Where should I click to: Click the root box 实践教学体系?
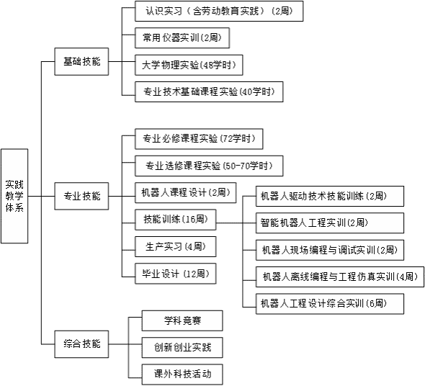coord(14,196)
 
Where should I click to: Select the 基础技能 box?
coord(81,61)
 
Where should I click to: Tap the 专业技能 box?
coord(81,196)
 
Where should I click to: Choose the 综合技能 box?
coord(81,344)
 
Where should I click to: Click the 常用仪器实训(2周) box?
coord(182,37)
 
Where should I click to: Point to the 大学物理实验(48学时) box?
coord(189,65)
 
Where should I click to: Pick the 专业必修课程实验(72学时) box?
coord(199,139)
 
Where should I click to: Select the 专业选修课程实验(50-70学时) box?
coord(209,166)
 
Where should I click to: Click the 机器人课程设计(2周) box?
coord(186,192)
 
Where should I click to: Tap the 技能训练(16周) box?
coord(176,220)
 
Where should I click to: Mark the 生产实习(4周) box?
coord(176,246)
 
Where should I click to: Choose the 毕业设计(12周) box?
coord(176,274)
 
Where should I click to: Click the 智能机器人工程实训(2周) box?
coord(330,223)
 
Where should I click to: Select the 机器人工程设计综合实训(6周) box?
coord(330,304)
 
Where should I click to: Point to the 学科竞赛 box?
coord(182,320)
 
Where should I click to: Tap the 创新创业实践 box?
coord(182,348)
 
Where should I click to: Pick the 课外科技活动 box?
coord(182,374)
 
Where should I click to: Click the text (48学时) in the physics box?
coord(218,65)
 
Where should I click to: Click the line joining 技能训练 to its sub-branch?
coord(229,223)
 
